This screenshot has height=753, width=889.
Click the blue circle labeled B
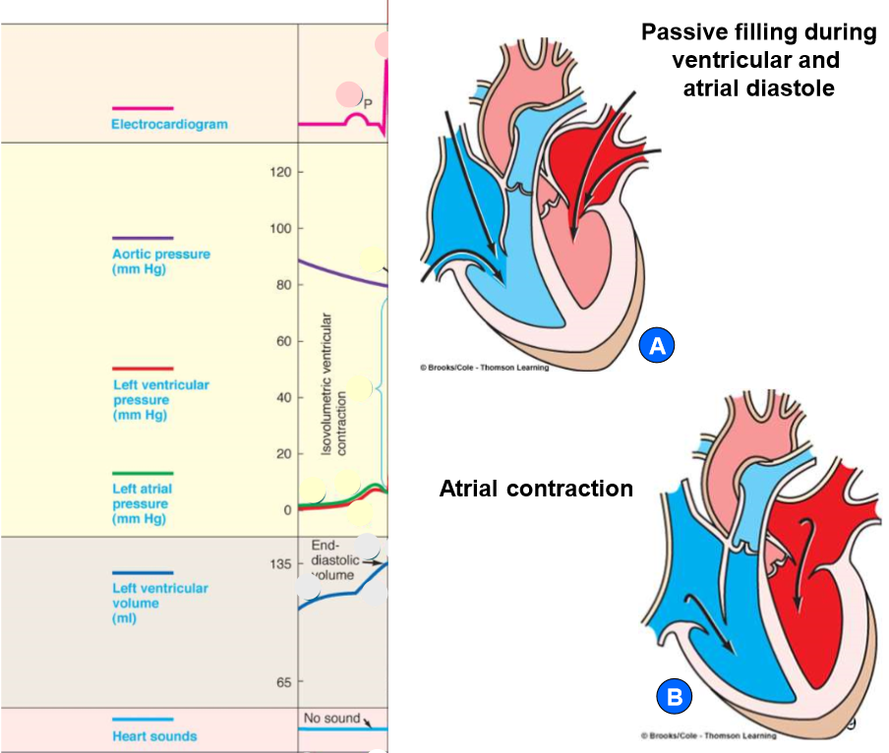point(675,698)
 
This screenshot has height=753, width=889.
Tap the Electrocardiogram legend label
point(169,125)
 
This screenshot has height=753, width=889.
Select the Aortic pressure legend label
point(161,261)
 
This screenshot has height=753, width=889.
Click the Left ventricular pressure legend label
point(161,400)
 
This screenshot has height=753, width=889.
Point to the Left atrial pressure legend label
point(143,503)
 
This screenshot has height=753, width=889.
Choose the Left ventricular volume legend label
point(160,603)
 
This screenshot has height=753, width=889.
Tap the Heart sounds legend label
point(153,736)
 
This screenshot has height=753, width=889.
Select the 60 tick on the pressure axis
point(283,341)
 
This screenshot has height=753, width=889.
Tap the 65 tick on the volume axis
point(283,682)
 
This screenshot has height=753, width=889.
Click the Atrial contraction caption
point(536,489)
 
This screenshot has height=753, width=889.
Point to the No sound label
point(331,719)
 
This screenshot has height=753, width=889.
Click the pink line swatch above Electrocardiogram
point(142,108)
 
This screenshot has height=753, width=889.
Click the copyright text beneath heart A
point(484,368)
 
